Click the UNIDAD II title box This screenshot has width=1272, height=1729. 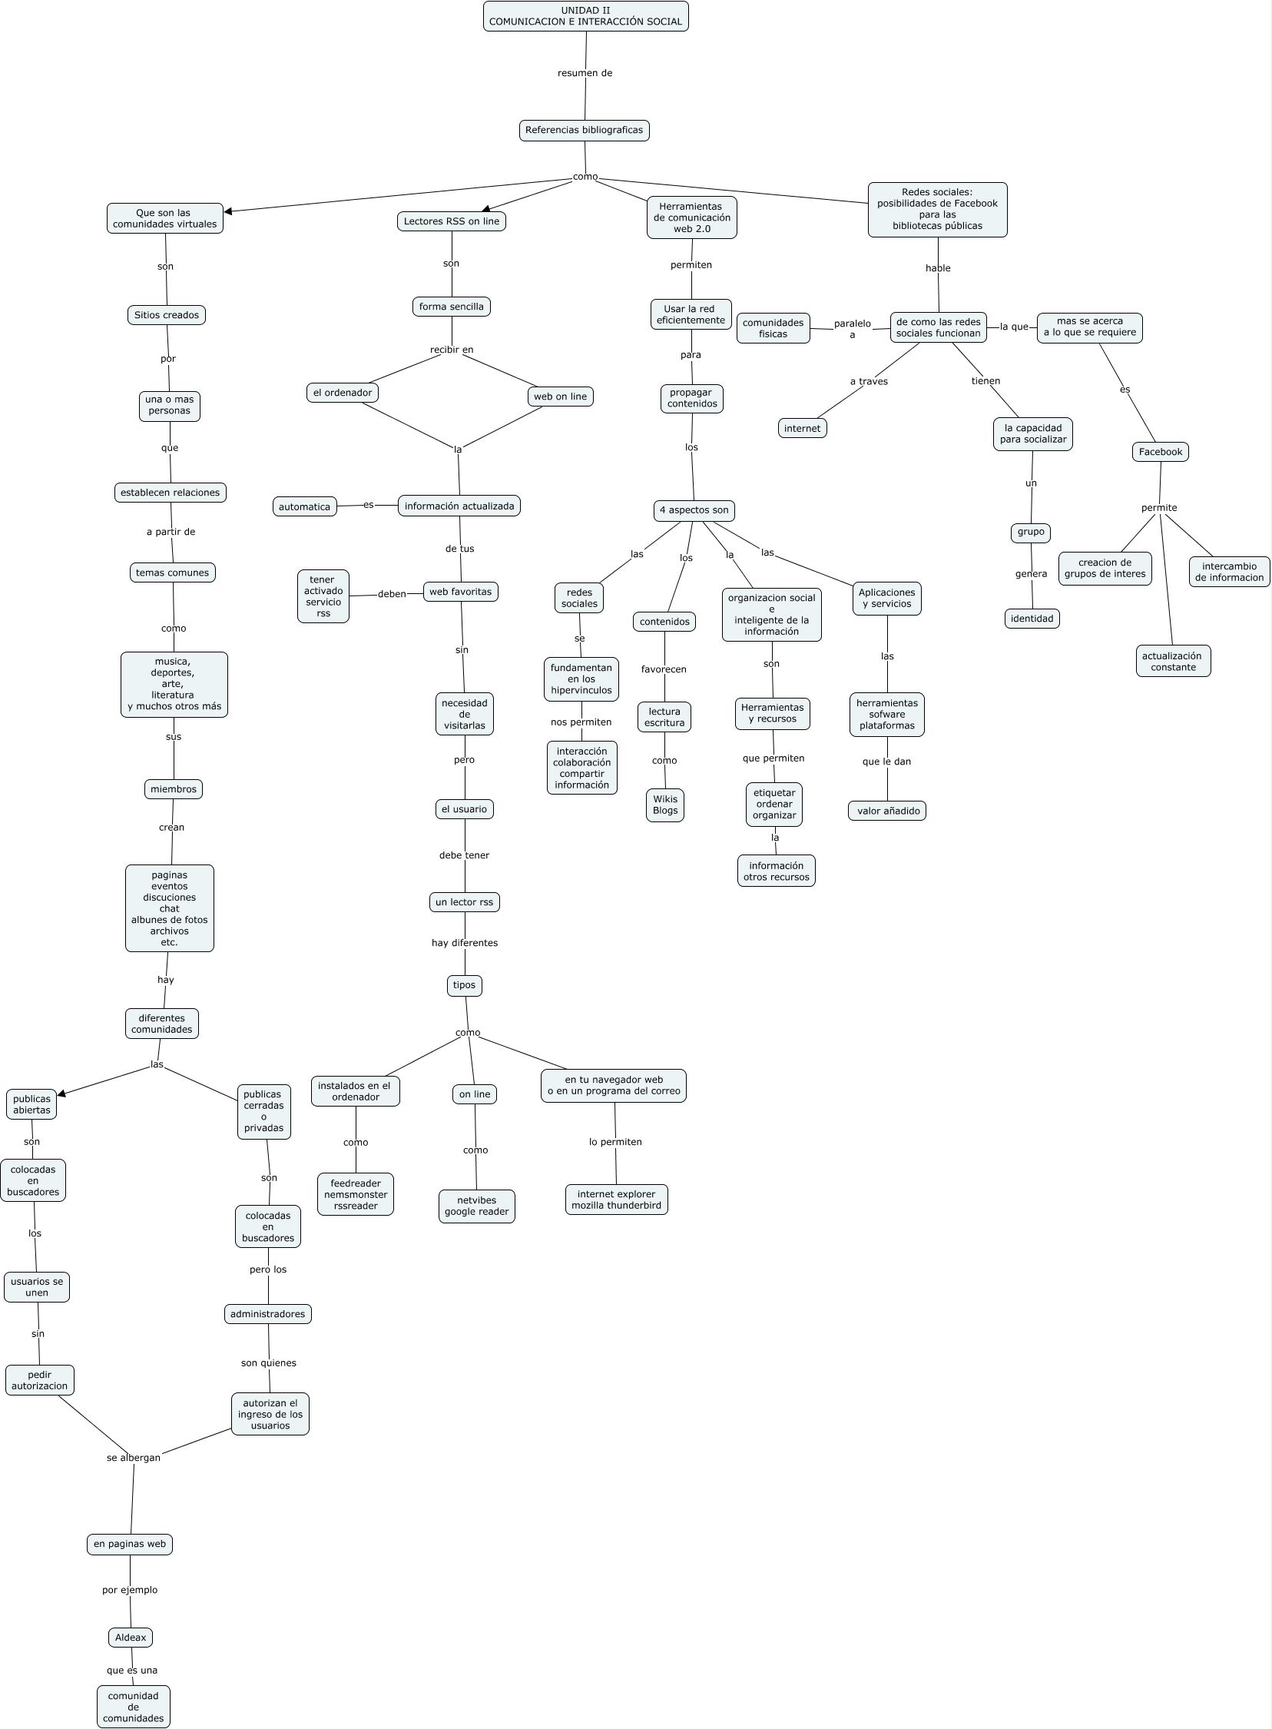tap(585, 16)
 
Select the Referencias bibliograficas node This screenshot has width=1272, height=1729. tap(584, 130)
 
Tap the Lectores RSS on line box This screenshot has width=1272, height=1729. tap(451, 222)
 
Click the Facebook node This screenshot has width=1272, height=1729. tap(1160, 452)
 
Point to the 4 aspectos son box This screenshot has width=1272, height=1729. tap(694, 510)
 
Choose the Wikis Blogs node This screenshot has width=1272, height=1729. tap(665, 805)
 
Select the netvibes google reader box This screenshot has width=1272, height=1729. tap(476, 1206)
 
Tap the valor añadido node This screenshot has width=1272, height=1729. tap(887, 811)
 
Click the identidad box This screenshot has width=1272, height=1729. tap(1032, 619)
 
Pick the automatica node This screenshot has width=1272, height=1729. tap(304, 506)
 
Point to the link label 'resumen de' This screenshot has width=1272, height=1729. tap(585, 73)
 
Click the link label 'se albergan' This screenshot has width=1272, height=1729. tap(133, 1458)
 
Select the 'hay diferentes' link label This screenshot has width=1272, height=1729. tap(464, 943)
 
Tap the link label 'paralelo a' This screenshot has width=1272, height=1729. tap(852, 329)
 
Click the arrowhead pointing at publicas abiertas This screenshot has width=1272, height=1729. tap(62, 1093)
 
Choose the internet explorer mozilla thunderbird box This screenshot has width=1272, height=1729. tap(616, 1200)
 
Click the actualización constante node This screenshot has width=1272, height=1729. tap(1173, 662)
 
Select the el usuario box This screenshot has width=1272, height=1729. tap(463, 809)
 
